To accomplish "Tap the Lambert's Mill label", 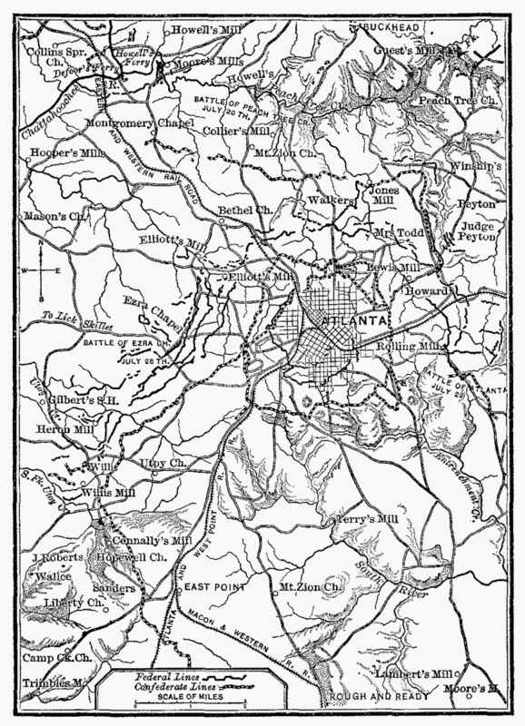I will pyautogui.click(x=413, y=673).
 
